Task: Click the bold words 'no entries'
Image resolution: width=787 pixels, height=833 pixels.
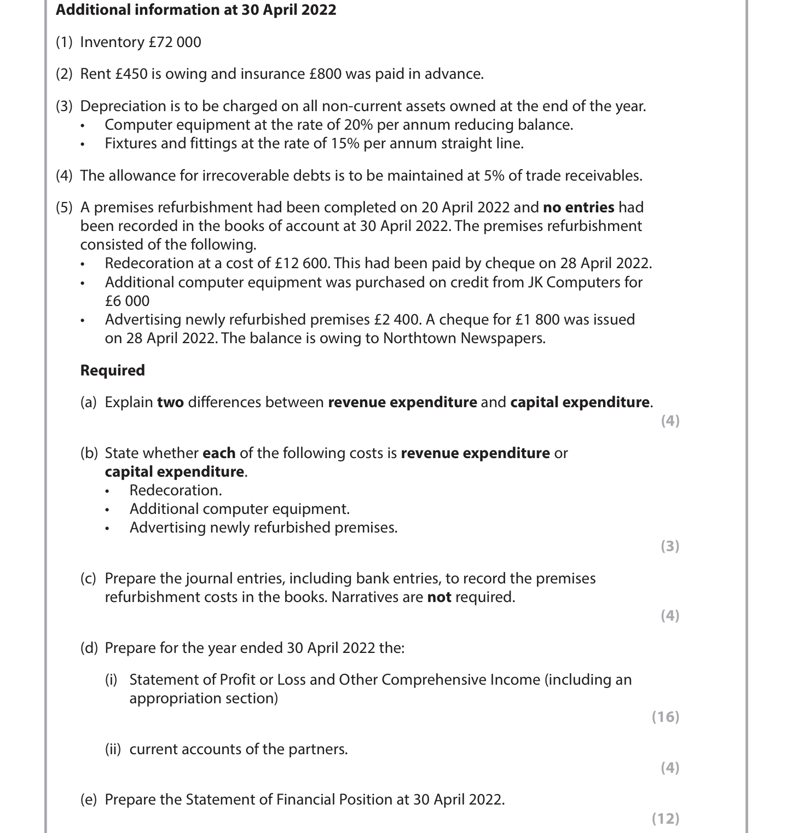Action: point(578,207)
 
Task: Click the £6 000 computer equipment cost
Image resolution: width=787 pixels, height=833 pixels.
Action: point(127,301)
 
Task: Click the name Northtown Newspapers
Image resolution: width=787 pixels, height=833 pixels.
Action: point(464,338)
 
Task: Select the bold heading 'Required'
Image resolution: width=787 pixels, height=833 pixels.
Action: point(113,371)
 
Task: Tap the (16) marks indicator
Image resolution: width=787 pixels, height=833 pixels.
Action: point(666,716)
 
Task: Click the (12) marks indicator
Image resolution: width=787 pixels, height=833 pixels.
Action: point(666,818)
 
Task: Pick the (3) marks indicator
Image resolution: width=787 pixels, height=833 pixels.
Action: point(670,546)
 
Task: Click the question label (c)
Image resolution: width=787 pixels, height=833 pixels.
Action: point(88,579)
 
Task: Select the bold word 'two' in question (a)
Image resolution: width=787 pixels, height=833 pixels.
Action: point(170,402)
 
